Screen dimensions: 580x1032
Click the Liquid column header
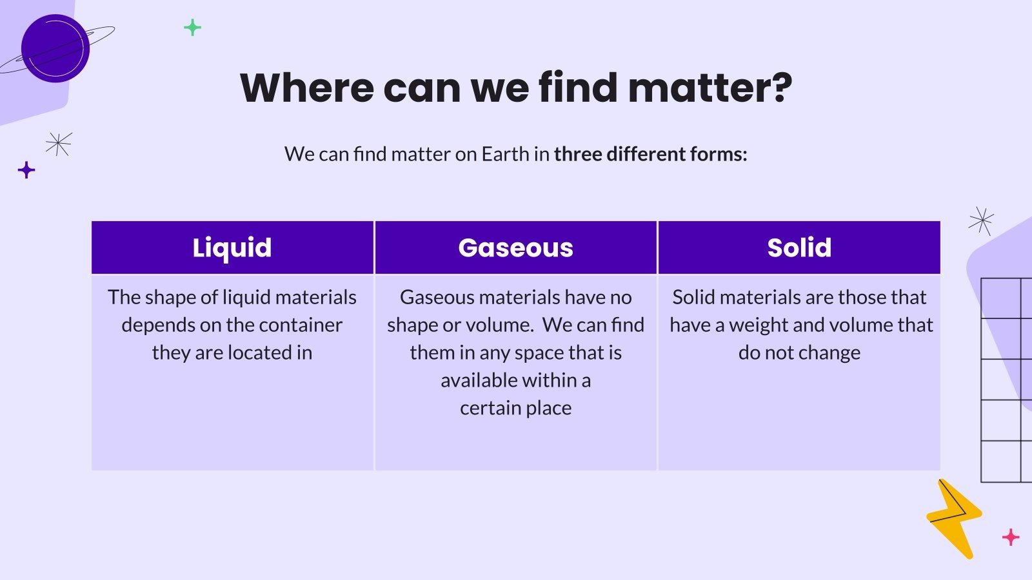click(x=232, y=248)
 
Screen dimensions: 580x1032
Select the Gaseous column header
click(x=515, y=248)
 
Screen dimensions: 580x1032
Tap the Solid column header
click(x=799, y=248)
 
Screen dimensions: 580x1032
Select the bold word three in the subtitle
click(x=578, y=154)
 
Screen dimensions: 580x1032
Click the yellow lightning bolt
click(x=953, y=519)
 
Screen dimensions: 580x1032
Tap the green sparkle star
click(x=192, y=28)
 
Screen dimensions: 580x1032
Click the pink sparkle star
click(x=1011, y=536)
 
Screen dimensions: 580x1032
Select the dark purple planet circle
click(x=55, y=48)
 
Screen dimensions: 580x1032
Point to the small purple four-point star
click(x=26, y=170)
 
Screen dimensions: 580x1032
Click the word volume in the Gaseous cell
click(x=499, y=325)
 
